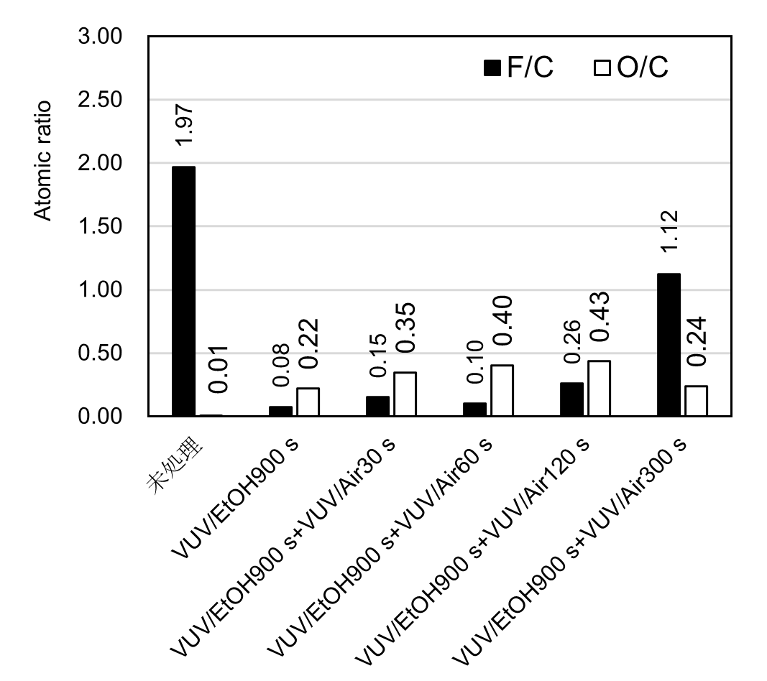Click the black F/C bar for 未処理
point(183,291)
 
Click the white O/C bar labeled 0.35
point(405,394)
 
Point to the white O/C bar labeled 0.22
point(308,402)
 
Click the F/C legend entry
point(519,68)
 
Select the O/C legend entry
point(632,68)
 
